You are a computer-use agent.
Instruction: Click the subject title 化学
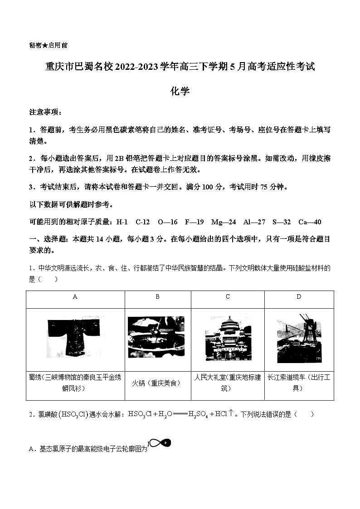pyautogui.click(x=180, y=91)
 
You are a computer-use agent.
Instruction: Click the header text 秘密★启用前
pyautogui.click(x=49, y=45)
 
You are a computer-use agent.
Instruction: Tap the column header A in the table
pyautogui.click(x=75, y=297)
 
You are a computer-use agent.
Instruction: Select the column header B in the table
pyautogui.click(x=157, y=297)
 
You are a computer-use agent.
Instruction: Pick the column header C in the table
pyautogui.click(x=228, y=297)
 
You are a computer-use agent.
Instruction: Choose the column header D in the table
pyautogui.click(x=299, y=297)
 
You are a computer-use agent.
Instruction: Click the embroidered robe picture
pyautogui.click(x=75, y=338)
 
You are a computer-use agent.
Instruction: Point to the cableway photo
pyautogui.click(x=299, y=338)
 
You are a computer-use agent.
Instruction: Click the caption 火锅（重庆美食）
pyautogui.click(x=157, y=383)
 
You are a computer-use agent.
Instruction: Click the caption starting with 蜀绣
pyautogui.click(x=75, y=383)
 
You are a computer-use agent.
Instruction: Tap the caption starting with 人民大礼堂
pyautogui.click(x=228, y=383)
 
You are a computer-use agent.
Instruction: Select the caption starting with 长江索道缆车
pyautogui.click(x=299, y=383)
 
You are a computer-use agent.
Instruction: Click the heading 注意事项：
pyautogui.click(x=45, y=111)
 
